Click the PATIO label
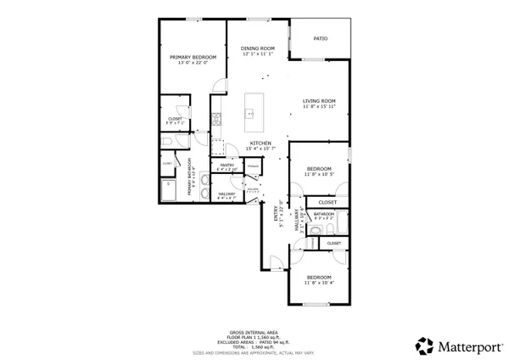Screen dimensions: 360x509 [321, 38]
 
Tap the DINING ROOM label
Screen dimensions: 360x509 [259, 48]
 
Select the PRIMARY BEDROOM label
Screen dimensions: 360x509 [192, 57]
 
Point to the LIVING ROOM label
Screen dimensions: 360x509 [320, 102]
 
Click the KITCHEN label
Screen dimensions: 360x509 [259, 143]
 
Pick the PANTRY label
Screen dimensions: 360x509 [227, 165]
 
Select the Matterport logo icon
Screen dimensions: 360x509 [423, 345]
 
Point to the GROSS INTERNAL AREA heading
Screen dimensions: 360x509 [255, 332]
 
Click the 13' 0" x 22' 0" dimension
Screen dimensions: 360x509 [192, 63]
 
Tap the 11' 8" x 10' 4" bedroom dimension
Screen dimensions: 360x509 [320, 284]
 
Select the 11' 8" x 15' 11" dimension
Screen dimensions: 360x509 [320, 108]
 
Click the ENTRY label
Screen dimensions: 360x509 [276, 217]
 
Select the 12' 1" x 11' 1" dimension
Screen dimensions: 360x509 [259, 54]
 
